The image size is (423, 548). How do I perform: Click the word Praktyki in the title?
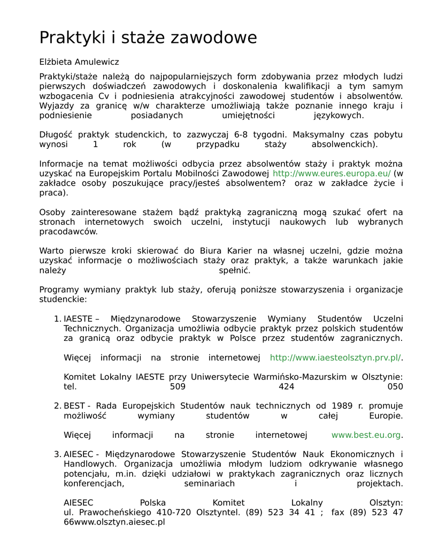pyautogui.click(x=73, y=37)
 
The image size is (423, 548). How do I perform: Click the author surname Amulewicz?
pyautogui.click(x=96, y=62)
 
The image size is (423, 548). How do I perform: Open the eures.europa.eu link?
pyautogui.click(x=332, y=173)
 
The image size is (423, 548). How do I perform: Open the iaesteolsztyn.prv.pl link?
pyautogui.click(x=335, y=357)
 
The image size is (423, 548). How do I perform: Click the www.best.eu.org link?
pyautogui.click(x=366, y=435)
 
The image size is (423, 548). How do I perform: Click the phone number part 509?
pyautogui.click(x=178, y=386)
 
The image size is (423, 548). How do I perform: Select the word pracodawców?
pyautogui.click(x=68, y=232)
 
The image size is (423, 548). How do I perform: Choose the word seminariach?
pyautogui.click(x=209, y=483)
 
